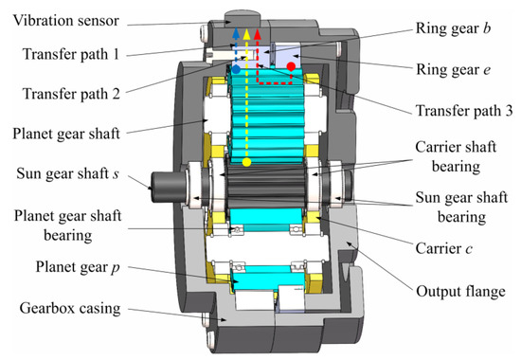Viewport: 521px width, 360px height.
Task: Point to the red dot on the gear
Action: (x=290, y=66)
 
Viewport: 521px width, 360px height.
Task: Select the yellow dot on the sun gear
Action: (x=246, y=163)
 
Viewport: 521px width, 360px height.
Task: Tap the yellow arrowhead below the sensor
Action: (x=246, y=31)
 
